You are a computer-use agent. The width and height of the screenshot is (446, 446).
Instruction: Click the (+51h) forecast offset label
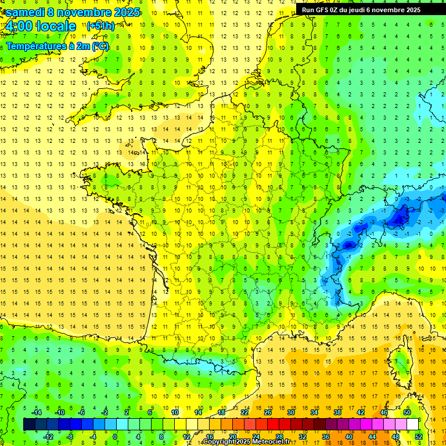(x=100, y=26)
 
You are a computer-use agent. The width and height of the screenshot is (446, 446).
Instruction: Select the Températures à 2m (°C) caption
(x=57, y=46)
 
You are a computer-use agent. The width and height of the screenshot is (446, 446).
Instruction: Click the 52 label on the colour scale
(x=418, y=437)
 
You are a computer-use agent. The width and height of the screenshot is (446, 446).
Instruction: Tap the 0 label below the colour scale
(x=115, y=437)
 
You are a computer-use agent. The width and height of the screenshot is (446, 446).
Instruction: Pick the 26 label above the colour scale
(x=267, y=412)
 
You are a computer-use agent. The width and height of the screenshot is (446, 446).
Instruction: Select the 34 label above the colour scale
(x=314, y=412)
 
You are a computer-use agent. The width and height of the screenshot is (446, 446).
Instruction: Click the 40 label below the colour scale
(x=348, y=437)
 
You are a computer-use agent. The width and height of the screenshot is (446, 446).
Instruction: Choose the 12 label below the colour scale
(x=186, y=437)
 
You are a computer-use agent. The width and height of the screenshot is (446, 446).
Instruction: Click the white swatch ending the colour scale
(x=412, y=425)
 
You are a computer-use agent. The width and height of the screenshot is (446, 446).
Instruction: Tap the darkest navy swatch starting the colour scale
(x=29, y=425)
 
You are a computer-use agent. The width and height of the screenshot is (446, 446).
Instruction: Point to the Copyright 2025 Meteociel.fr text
(x=246, y=442)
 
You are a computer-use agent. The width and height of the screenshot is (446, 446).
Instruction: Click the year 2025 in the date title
(x=124, y=12)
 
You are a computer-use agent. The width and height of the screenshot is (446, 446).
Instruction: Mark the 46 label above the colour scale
(x=383, y=412)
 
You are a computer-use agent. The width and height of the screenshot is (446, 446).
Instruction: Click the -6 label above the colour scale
(x=81, y=412)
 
